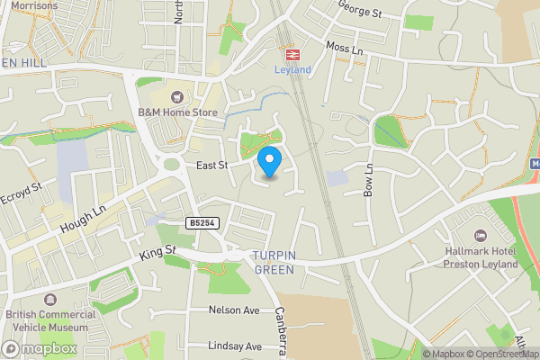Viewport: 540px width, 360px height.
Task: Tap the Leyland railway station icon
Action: click(292, 54)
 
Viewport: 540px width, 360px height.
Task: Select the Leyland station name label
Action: click(292, 70)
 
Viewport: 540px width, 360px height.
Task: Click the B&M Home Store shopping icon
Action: click(177, 96)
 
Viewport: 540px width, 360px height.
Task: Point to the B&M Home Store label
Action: click(177, 112)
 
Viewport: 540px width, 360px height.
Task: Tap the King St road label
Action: click(157, 256)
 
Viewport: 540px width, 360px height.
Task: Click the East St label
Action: click(212, 166)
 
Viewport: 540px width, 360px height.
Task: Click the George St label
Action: click(361, 10)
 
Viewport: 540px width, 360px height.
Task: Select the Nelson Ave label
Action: click(234, 310)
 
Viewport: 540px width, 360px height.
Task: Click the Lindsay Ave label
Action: click(234, 346)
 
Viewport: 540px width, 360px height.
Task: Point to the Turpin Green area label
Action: click(274, 262)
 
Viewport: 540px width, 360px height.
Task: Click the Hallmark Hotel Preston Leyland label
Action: click(481, 257)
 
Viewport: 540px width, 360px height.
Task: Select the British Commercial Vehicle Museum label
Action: click(51, 321)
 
